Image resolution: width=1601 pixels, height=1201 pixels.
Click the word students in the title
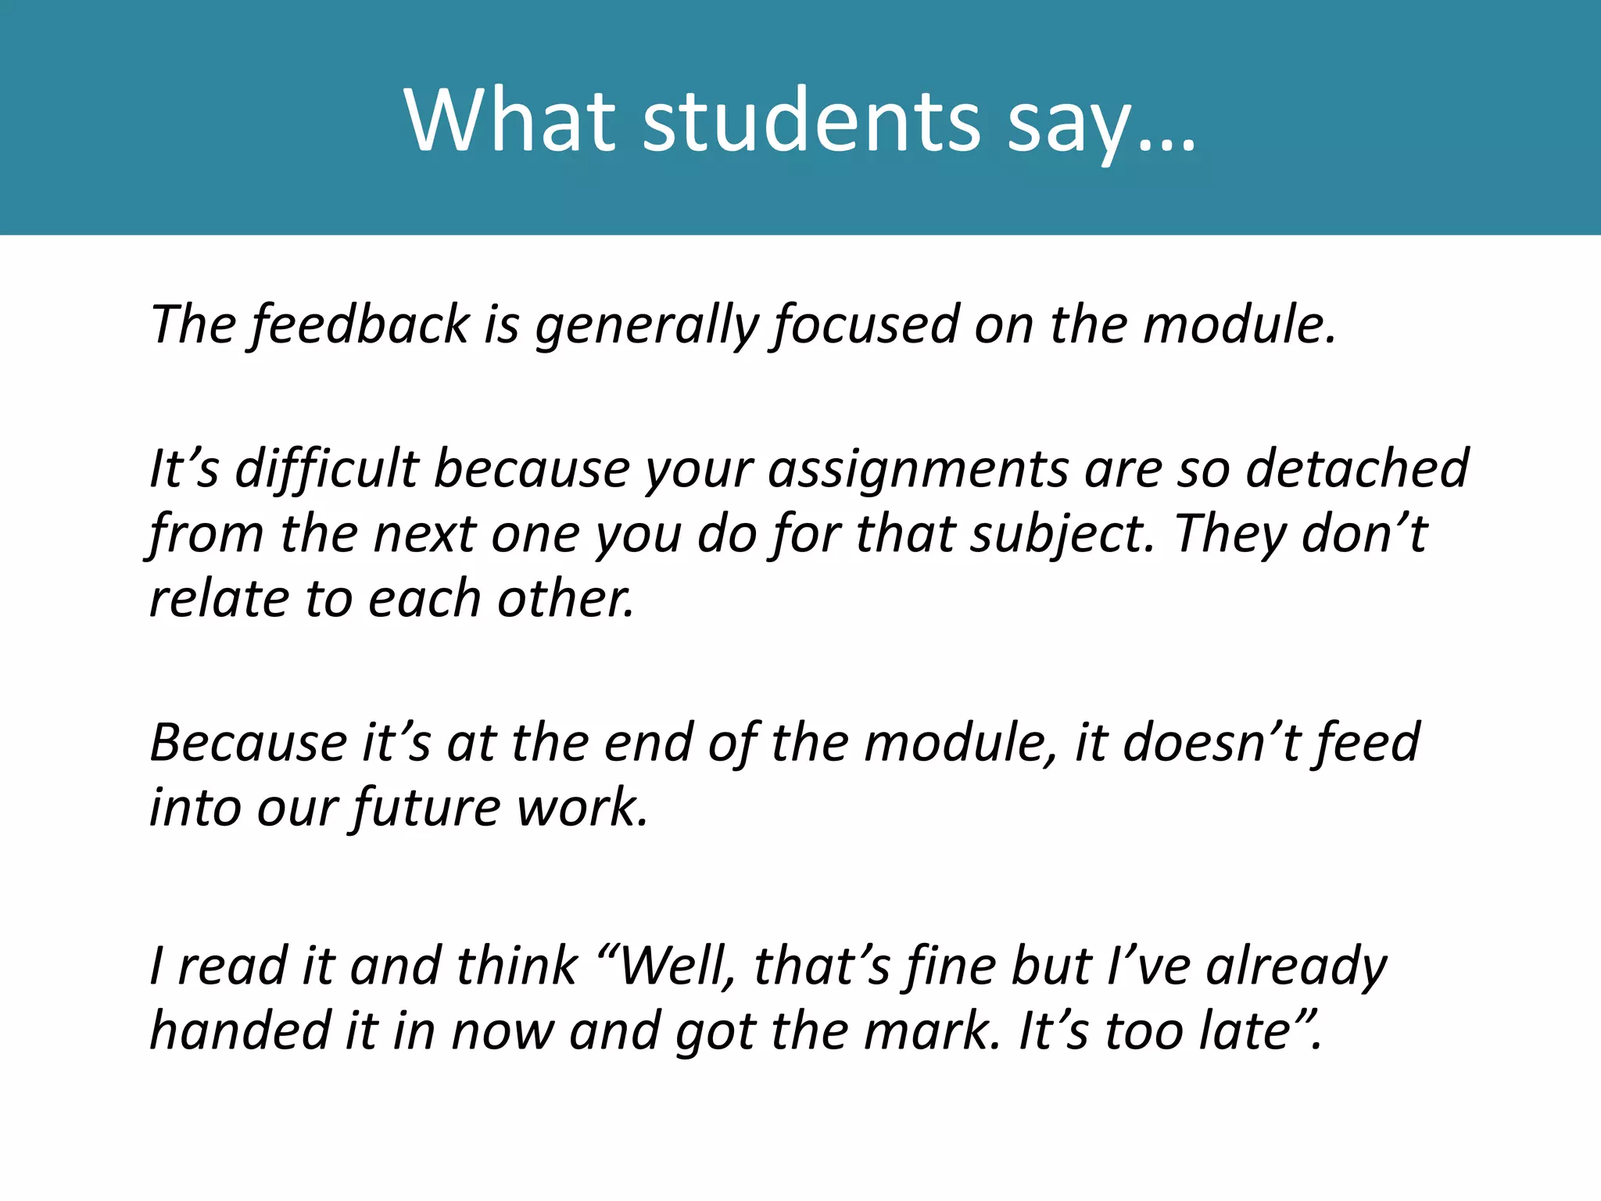point(811,121)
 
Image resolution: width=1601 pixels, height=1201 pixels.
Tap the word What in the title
point(510,121)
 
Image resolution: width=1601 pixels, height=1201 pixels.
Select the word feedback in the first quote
point(360,324)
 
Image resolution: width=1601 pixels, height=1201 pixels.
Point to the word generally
point(646,324)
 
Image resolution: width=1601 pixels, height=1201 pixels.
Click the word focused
point(866,324)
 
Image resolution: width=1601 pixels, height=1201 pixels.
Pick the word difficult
point(327,469)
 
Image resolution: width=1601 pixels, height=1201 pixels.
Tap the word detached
point(1357,469)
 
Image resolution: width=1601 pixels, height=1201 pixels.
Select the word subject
point(1062,535)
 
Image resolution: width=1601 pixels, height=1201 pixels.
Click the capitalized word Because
point(249,743)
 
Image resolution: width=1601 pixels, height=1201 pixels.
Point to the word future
point(427,808)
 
